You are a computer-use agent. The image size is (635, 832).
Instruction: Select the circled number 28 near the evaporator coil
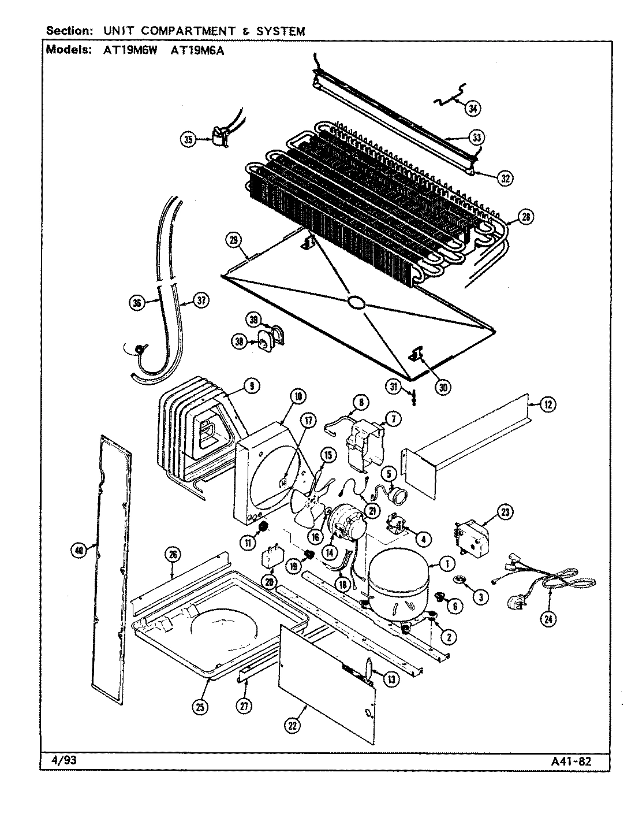point(525,217)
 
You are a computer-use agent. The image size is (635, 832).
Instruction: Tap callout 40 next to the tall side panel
point(80,551)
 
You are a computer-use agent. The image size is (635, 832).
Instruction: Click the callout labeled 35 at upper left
point(188,139)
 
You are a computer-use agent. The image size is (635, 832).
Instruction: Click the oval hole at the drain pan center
point(356,302)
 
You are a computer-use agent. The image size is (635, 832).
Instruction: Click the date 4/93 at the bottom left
point(59,760)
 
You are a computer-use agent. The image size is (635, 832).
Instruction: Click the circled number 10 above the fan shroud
point(298,396)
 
